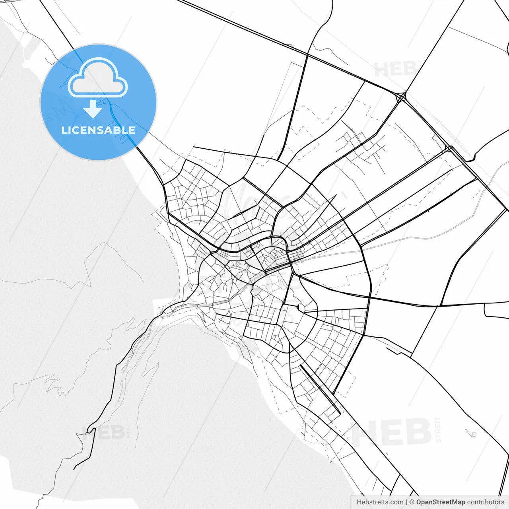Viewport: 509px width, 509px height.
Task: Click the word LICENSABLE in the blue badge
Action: click(x=98, y=130)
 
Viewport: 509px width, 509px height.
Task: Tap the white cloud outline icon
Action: click(x=98, y=78)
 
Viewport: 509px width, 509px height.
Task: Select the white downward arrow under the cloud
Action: click(x=93, y=109)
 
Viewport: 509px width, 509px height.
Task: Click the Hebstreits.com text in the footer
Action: click(x=380, y=502)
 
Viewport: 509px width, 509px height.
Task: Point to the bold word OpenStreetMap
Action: click(x=441, y=502)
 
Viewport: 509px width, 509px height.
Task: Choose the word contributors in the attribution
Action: click(x=486, y=502)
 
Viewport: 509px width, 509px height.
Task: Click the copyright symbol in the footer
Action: click(x=412, y=502)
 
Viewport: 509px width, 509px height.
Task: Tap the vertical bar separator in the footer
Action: click(x=406, y=502)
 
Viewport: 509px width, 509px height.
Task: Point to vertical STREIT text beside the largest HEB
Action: click(x=438, y=429)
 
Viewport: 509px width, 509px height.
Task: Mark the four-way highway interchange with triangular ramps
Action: click(x=401, y=97)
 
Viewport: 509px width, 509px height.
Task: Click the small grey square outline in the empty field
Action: click(x=473, y=434)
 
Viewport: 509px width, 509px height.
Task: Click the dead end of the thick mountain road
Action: click(x=74, y=469)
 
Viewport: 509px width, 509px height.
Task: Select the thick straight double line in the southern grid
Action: click(x=320, y=390)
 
